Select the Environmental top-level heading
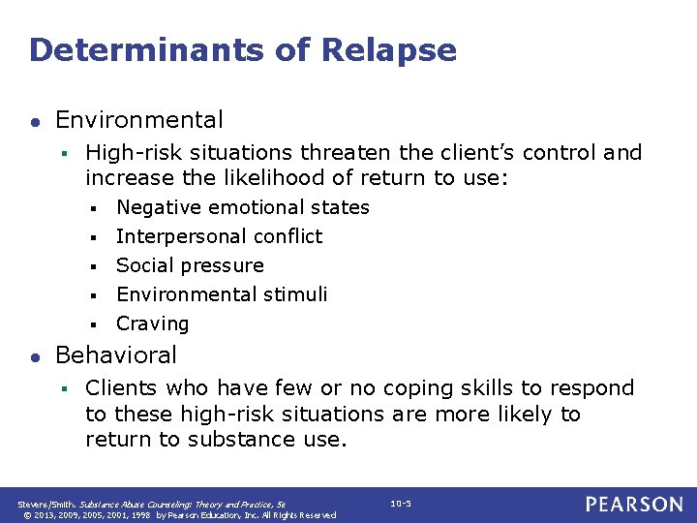pos(139,120)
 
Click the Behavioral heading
pos(116,355)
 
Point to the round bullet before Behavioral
pos(36,356)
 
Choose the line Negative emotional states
pos(243,207)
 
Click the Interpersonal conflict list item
pos(220,236)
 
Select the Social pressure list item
pos(190,265)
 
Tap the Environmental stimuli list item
pos(222,294)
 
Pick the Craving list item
pos(153,323)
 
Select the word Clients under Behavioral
pos(121,388)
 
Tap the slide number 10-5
pos(401,504)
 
